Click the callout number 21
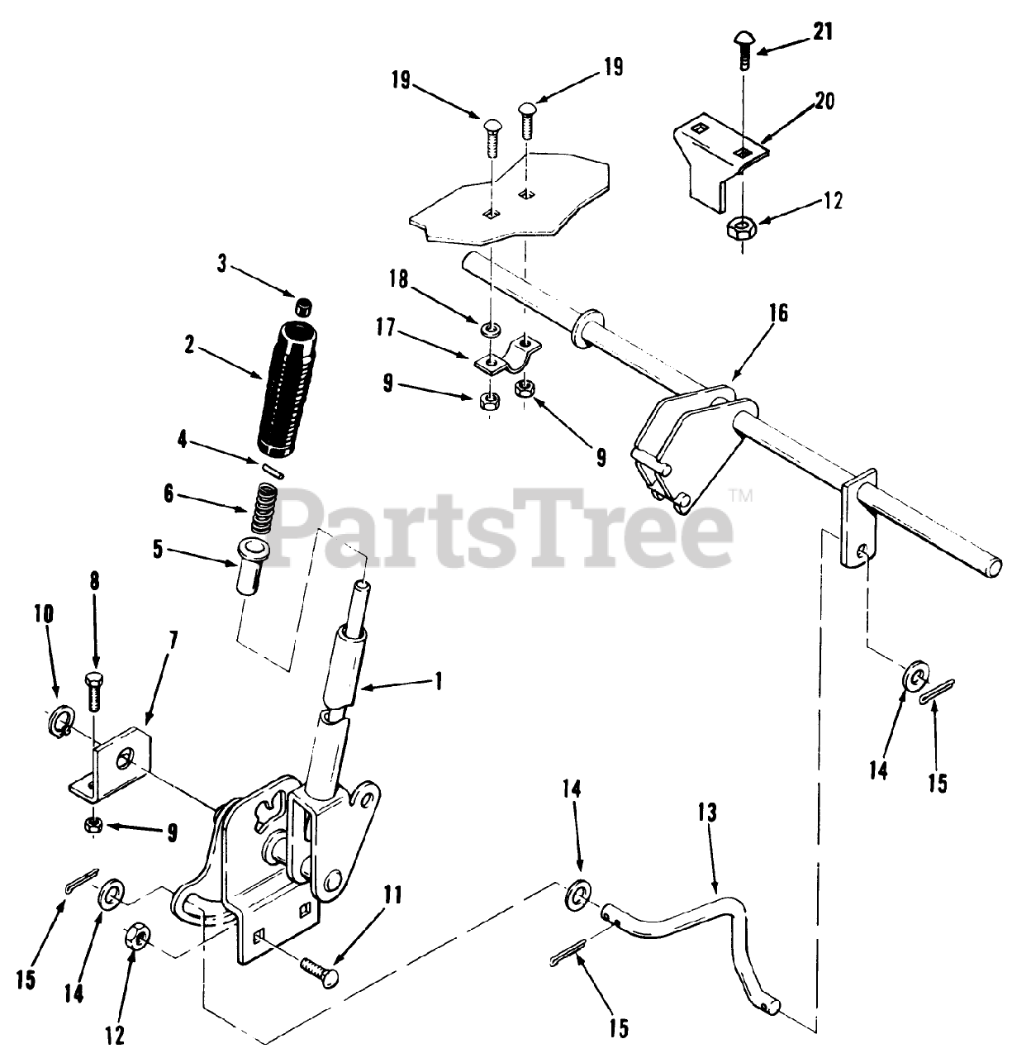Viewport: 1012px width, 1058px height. click(x=822, y=32)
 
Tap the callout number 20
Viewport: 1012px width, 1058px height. click(x=824, y=102)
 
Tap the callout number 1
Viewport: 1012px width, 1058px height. click(x=439, y=680)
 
